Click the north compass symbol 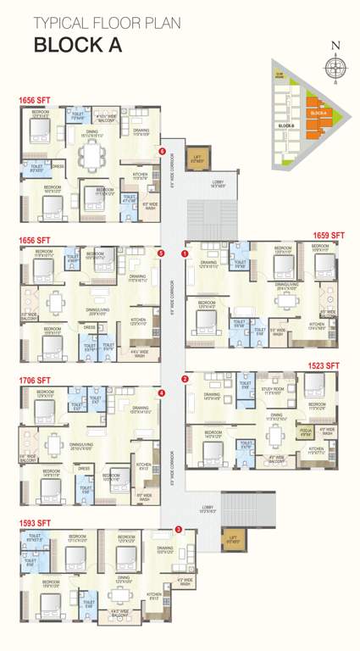pyautogui.click(x=336, y=66)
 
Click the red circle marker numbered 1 pyautogui.click(x=184, y=253)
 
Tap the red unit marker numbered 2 pyautogui.click(x=184, y=379)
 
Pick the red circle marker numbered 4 pyautogui.click(x=161, y=393)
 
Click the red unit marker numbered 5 pyautogui.click(x=161, y=253)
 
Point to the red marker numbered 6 pyautogui.click(x=161, y=152)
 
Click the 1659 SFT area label pyautogui.click(x=328, y=235)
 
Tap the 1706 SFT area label pyautogui.click(x=35, y=381)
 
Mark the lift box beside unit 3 pyautogui.click(x=230, y=538)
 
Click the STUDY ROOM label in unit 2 pyautogui.click(x=272, y=390)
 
